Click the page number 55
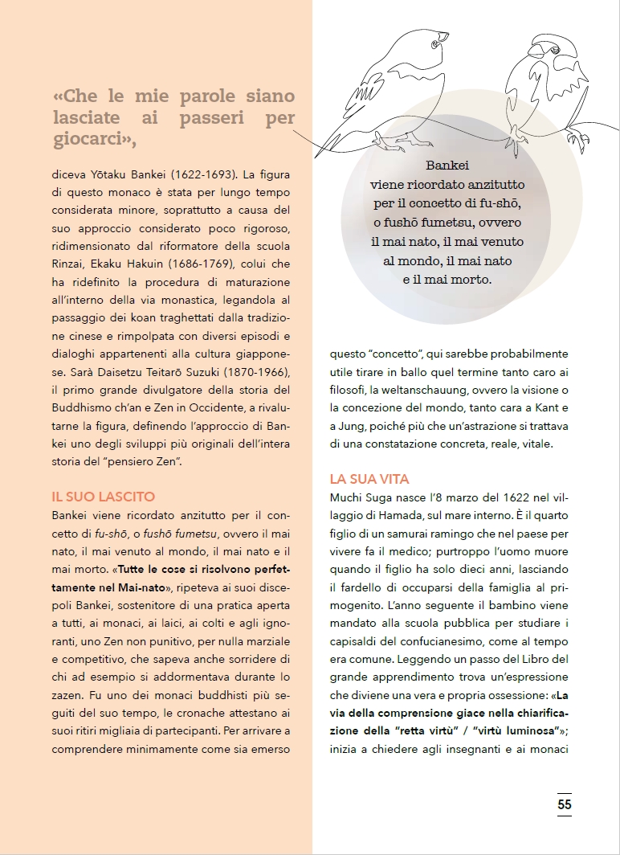pos(565,803)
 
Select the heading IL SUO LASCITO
pos(104,497)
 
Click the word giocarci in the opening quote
pos(88,139)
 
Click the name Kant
pos(549,408)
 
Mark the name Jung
pos(357,426)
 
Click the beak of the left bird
pos(445,35)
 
